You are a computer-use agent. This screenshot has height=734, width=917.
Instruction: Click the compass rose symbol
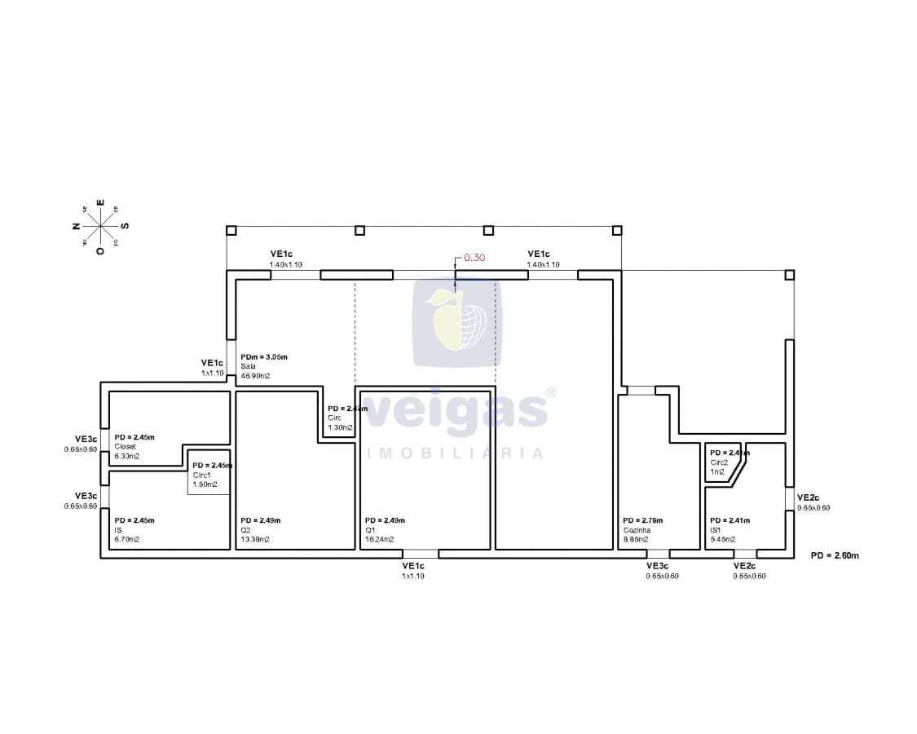click(99, 226)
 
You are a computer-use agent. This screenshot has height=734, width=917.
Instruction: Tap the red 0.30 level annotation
click(474, 257)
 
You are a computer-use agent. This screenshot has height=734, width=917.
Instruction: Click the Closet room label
click(126, 446)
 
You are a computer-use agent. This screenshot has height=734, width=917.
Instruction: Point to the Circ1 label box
click(209, 474)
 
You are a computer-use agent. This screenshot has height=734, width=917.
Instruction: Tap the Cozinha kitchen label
click(637, 530)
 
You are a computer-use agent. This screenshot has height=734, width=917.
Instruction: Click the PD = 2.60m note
click(835, 555)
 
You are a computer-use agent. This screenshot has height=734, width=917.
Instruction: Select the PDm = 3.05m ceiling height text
click(264, 356)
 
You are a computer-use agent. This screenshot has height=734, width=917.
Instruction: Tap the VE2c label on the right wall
click(808, 497)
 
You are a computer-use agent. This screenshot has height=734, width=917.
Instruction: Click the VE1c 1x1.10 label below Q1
click(413, 570)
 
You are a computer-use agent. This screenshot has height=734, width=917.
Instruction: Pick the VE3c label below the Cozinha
click(658, 570)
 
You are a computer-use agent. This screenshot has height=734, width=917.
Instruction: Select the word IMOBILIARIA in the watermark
click(456, 453)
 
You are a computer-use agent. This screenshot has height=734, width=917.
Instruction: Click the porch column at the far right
click(789, 275)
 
